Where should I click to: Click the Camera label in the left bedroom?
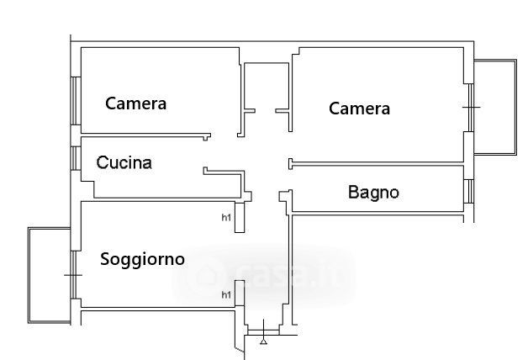pyautogui.click(x=135, y=103)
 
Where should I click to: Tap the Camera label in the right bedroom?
pyautogui.click(x=359, y=109)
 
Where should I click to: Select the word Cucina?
pyautogui.click(x=124, y=162)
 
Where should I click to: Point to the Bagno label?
pyautogui.click(x=373, y=193)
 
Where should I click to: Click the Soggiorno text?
pyautogui.click(x=142, y=259)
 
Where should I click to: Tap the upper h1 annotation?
pyautogui.click(x=225, y=218)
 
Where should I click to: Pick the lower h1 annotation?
pyautogui.click(x=225, y=294)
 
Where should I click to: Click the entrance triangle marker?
pyautogui.click(x=264, y=341)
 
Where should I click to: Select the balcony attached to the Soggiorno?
pyautogui.click(x=50, y=275)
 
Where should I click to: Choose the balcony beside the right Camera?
pyautogui.click(x=494, y=106)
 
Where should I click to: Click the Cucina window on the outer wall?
pyautogui.click(x=76, y=157)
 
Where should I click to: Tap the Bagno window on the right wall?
pyautogui.click(x=468, y=192)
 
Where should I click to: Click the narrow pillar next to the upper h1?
pyautogui.click(x=240, y=218)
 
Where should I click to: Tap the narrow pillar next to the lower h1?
pyautogui.click(x=240, y=294)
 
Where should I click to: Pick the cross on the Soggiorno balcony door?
pyautogui.click(x=74, y=275)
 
